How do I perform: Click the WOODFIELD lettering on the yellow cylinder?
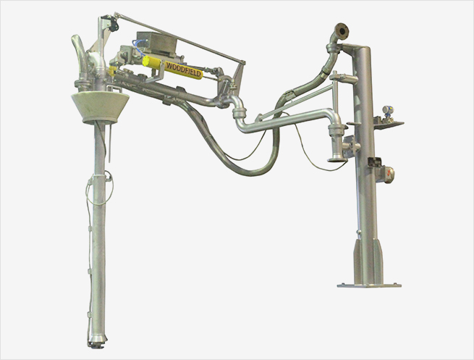click(184, 69)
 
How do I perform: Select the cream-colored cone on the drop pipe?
click(100, 108)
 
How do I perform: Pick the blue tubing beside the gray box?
click(138, 49)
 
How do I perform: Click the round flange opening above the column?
click(342, 30)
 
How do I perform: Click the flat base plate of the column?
click(369, 285)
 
